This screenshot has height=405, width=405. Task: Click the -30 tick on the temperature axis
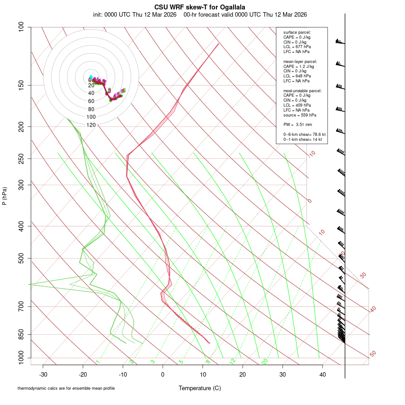pos(43,374)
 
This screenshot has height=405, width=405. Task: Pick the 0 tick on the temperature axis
pos(163,374)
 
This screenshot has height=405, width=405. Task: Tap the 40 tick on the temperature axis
pos(322,374)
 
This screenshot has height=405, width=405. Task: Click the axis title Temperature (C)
pos(199,388)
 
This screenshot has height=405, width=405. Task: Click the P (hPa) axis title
pos(4,196)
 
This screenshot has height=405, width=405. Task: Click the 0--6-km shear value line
pos(304,135)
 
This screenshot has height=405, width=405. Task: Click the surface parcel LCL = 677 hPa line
pos(297,47)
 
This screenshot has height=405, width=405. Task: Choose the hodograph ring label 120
pos(91,125)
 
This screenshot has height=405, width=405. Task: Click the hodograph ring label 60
pos(91,101)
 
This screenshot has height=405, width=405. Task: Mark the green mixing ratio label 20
pos(265,361)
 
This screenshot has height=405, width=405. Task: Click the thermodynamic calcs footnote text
pos(66,388)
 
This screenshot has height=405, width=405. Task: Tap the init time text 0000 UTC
pos(117,14)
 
